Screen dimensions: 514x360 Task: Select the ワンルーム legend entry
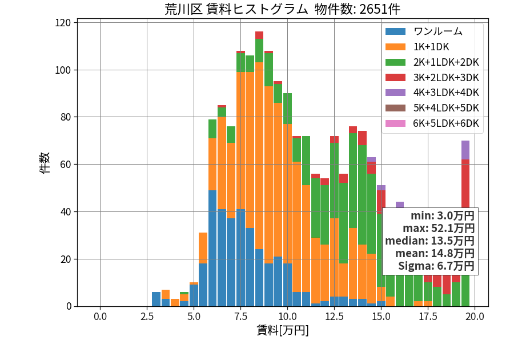coord(424,31)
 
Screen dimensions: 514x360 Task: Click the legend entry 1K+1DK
coord(417,47)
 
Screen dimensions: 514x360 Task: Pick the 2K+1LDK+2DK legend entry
coord(432,62)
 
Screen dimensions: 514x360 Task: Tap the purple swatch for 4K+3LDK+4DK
coord(395,93)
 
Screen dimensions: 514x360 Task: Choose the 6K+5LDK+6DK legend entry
coord(432,123)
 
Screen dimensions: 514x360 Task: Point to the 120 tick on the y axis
coord(63,23)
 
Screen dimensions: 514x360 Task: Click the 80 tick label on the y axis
coord(66,117)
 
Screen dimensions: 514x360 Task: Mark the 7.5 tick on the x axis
coord(240,317)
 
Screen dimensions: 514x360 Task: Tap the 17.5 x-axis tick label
coord(428,317)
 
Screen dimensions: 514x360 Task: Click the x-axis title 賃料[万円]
coord(283,330)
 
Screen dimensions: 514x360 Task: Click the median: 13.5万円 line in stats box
coord(429,241)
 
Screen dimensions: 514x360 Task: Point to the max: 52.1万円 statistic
coord(438,228)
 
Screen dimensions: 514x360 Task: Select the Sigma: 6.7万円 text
coord(436,266)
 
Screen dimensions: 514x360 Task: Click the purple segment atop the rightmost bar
coord(465,150)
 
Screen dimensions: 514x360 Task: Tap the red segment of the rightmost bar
coord(465,183)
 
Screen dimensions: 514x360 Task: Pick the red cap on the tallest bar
coord(259,35)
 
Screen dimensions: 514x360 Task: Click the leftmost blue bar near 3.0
coord(156,299)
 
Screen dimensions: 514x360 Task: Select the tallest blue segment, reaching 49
coord(212,248)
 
